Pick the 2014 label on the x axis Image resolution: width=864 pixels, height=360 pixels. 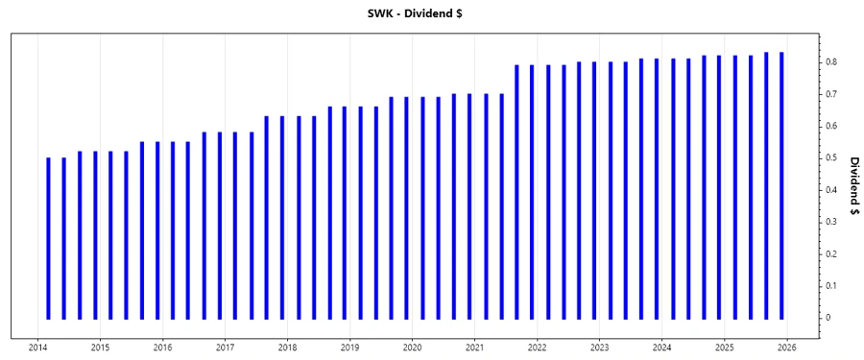click(x=38, y=347)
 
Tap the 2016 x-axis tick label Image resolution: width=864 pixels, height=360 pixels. click(x=163, y=347)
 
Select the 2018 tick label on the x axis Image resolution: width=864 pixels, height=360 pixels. click(x=287, y=347)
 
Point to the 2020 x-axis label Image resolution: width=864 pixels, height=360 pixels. click(x=412, y=347)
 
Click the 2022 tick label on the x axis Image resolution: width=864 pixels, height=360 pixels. click(x=537, y=347)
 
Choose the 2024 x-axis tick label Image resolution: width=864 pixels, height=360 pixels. click(x=661, y=347)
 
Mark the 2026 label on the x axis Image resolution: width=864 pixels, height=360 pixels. click(x=786, y=347)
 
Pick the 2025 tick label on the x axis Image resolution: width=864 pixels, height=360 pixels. click(x=724, y=347)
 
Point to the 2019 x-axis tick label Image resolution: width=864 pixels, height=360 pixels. click(x=349, y=347)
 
